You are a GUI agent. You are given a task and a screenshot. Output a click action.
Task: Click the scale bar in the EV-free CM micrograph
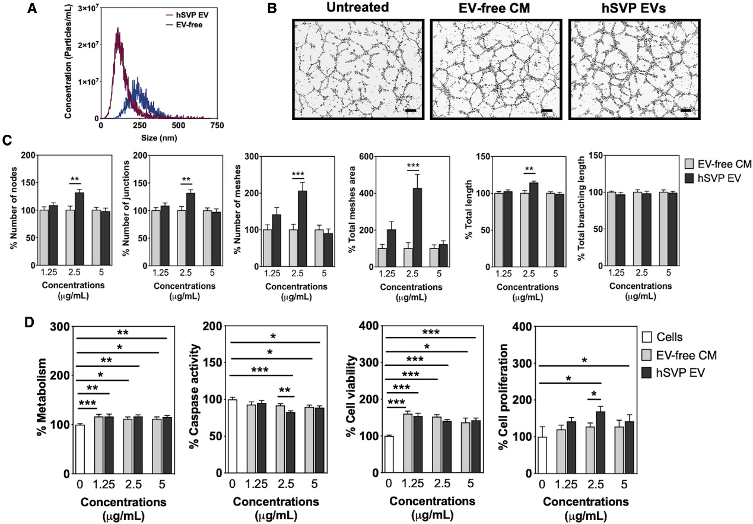click(547, 110)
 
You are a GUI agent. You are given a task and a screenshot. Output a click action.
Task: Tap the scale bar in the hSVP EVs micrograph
click(685, 110)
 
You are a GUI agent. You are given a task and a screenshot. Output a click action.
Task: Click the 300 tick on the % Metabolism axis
click(59, 326)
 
